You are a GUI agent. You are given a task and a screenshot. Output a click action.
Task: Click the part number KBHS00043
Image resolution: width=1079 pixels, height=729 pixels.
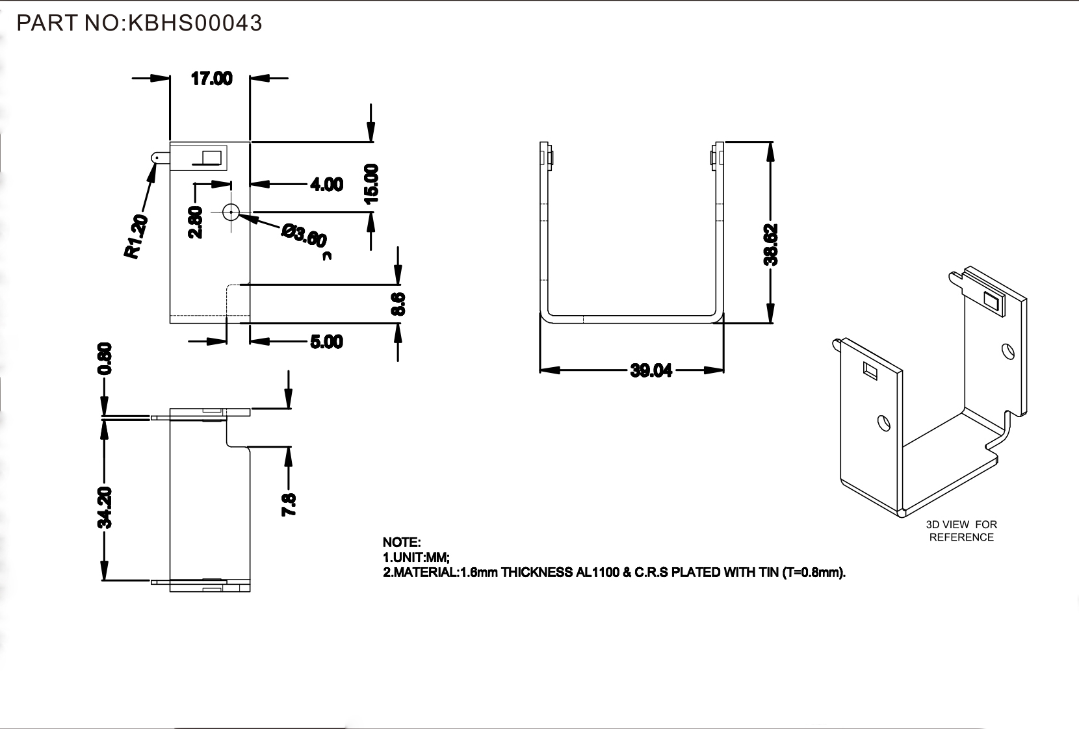[195, 23]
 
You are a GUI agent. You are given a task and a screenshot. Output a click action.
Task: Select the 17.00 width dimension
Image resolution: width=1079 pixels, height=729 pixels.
[211, 79]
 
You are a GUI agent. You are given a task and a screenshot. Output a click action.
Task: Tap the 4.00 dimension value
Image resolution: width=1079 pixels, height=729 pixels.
[326, 185]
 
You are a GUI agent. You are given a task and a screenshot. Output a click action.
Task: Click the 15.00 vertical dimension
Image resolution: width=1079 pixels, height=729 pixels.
[371, 184]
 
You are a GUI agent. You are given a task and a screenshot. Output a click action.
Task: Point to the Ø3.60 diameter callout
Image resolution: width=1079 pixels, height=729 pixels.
[304, 235]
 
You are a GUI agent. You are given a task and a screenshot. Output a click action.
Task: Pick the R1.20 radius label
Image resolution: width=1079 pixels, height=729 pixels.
[136, 237]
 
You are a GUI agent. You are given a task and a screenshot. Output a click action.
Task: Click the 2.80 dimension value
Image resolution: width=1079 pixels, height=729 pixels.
[196, 222]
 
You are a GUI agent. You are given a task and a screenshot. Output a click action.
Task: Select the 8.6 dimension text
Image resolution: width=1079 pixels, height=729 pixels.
[398, 304]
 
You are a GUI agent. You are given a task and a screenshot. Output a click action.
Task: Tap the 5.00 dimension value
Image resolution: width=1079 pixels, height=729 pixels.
[326, 342]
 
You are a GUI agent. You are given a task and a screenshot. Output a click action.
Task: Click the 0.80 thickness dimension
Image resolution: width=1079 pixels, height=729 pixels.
[105, 359]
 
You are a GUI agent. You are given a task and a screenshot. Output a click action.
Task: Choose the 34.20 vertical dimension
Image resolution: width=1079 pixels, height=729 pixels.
[105, 508]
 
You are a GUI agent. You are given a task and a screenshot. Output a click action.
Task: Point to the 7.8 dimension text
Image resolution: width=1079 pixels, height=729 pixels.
[289, 505]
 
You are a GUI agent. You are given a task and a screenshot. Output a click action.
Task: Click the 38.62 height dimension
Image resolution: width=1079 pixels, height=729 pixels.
[771, 244]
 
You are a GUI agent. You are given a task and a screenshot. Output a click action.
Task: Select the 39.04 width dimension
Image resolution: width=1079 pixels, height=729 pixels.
[651, 371]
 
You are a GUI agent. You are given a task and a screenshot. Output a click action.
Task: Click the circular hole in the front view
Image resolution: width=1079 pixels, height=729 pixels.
[231, 212]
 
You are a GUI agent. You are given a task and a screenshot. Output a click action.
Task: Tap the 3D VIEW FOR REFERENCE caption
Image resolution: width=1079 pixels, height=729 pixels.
[961, 531]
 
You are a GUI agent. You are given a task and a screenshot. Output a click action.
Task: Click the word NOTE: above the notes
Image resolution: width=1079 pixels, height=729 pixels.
[402, 542]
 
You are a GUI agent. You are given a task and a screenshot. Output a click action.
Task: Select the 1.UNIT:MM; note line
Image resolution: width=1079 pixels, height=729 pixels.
[416, 557]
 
